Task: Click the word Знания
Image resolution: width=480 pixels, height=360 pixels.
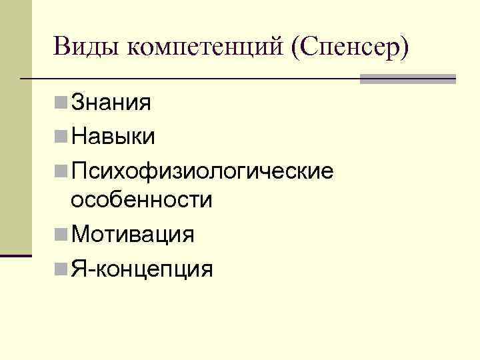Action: click(111, 103)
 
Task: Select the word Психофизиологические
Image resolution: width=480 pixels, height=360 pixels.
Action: click(202, 171)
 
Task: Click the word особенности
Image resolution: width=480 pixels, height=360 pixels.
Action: click(141, 200)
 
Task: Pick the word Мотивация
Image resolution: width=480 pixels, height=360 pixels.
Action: click(133, 235)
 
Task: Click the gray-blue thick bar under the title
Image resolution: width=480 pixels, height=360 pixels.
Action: click(407, 79)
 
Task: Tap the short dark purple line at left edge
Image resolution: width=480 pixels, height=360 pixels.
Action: click(16, 255)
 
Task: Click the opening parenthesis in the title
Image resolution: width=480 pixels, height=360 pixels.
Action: click(295, 48)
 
